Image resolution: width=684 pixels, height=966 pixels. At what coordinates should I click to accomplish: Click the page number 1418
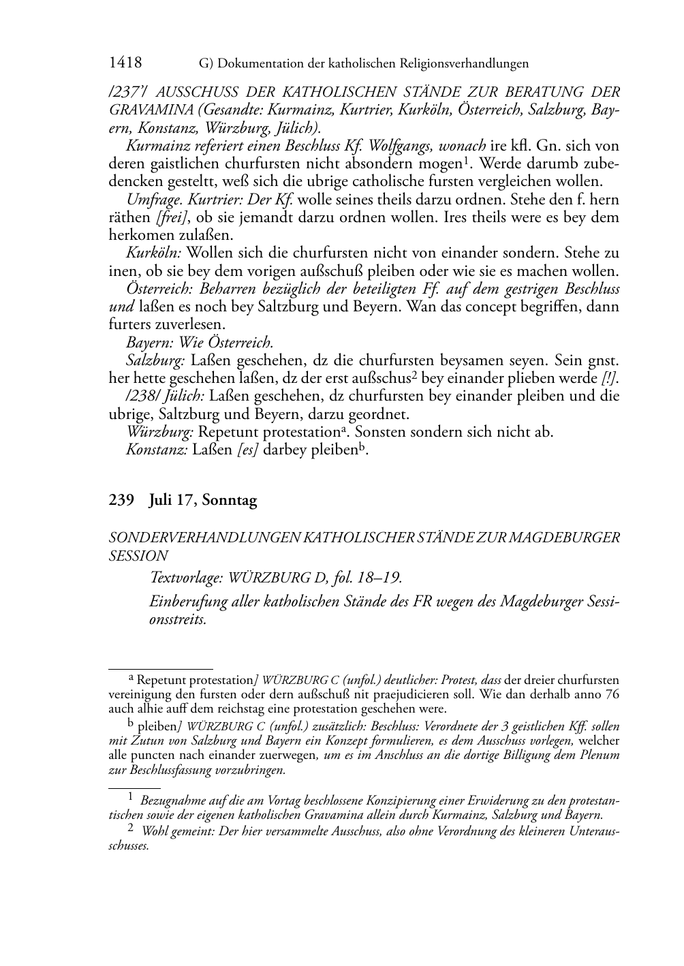(125, 63)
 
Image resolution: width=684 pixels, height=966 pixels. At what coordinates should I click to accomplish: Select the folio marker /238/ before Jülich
(142, 396)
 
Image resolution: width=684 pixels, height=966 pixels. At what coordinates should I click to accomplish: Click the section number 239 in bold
(121, 500)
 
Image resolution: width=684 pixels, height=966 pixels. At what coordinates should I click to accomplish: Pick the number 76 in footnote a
(611, 694)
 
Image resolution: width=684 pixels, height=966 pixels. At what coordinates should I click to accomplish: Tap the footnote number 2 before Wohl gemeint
(131, 829)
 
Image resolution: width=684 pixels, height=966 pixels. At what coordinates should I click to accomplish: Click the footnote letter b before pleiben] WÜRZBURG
(131, 725)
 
